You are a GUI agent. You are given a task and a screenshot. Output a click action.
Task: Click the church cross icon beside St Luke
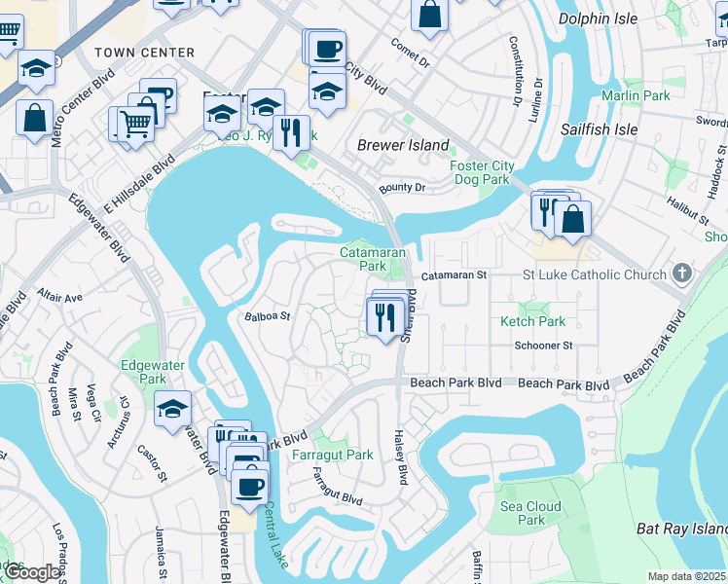[x=681, y=274]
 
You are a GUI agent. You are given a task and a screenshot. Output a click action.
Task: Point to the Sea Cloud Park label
[x=530, y=513]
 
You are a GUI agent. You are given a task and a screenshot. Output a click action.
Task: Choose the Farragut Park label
[x=332, y=455]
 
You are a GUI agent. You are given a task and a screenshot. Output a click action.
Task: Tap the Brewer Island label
[x=403, y=145]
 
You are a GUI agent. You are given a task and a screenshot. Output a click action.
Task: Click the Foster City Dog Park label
[x=481, y=172]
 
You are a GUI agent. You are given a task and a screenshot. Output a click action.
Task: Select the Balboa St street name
[x=268, y=315]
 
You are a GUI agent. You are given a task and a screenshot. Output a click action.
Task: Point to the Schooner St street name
[x=543, y=346]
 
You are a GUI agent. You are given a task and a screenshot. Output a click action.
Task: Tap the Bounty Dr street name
[x=402, y=187]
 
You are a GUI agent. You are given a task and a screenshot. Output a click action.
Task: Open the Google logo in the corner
[x=32, y=572]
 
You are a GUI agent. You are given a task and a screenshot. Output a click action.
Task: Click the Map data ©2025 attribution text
[x=686, y=576]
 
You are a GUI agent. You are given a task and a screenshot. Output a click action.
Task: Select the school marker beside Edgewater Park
[x=172, y=408]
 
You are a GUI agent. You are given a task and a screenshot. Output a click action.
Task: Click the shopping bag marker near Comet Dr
[x=428, y=15]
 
